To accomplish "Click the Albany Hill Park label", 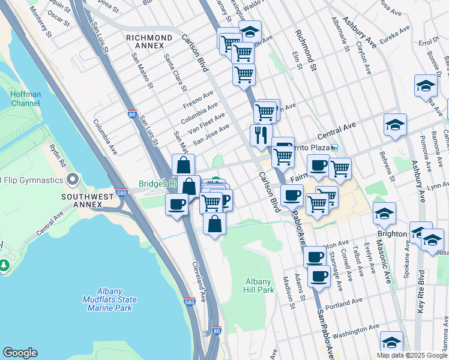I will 260,286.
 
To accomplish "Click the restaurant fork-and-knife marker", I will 261,135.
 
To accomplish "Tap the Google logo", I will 20,353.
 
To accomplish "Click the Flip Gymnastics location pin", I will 73,179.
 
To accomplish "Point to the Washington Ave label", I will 356,329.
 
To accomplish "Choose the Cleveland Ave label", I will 199,281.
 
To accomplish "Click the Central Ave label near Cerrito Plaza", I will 340,129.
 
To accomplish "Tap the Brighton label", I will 392,233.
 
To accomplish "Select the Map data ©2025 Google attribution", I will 412,355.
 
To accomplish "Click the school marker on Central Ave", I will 396,125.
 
